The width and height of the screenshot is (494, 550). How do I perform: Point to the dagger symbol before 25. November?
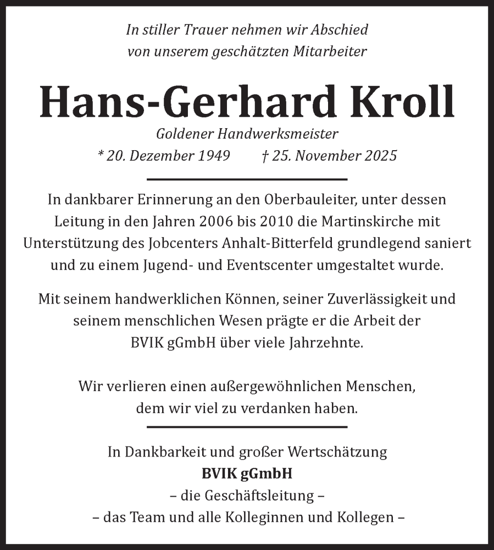(x=265, y=156)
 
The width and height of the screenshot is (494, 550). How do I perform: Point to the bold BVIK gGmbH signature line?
(x=247, y=473)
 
